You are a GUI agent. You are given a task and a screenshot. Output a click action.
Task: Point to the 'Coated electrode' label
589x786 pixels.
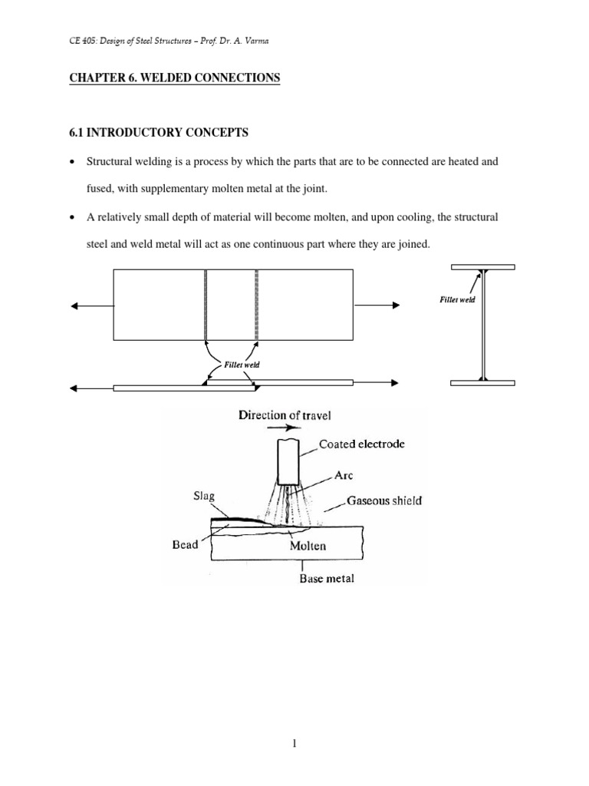click(361, 444)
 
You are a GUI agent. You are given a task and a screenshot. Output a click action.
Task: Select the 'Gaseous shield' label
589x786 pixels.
click(384, 500)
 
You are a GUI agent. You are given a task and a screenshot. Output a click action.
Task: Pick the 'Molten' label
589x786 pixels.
click(308, 546)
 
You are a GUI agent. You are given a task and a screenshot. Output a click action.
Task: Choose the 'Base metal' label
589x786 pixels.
click(326, 579)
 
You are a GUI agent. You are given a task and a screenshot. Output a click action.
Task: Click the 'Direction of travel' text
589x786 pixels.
click(286, 415)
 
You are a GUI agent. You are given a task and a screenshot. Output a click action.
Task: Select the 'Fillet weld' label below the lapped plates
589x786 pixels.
click(241, 365)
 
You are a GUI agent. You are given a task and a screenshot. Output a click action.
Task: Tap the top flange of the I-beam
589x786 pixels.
click(482, 266)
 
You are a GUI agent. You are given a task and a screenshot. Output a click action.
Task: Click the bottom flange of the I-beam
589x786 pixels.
click(482, 381)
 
